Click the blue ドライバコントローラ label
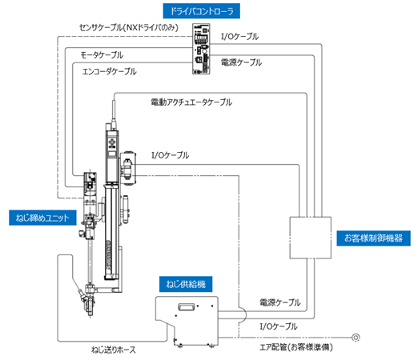coord(202,11)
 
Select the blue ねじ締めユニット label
coord(42,218)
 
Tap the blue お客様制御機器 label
coord(373,238)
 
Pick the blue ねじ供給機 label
coord(186,284)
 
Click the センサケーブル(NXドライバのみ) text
coord(129,27)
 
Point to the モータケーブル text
coord(102,55)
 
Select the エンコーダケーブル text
coord(109,71)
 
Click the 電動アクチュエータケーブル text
coord(191,102)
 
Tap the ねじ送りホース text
coord(114,350)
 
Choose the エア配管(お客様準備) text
coord(296,347)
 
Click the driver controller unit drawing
coord(201,49)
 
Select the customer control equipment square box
coord(311,238)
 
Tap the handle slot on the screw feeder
coord(187,306)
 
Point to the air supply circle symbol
coord(356,338)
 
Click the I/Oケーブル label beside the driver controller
coord(239,37)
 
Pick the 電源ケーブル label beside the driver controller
coord(241,62)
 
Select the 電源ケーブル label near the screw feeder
coord(280,302)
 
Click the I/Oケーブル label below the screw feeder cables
coord(279,326)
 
